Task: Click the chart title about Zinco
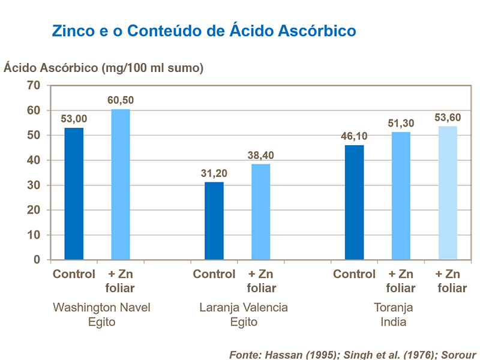pos(204,31)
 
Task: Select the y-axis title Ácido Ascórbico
pos(104,68)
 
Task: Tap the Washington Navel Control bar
pos(74,194)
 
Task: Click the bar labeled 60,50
pos(121,185)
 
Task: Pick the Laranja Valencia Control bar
pos(214,221)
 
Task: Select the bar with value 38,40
pos(261,212)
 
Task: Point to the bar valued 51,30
pos(401,196)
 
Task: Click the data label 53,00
pos(74,119)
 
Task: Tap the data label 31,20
pos(214,173)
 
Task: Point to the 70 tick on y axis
pos(34,86)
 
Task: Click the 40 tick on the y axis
pos(34,161)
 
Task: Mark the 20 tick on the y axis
pos(34,211)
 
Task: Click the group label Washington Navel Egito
pos(101,315)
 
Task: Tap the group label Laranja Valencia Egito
pos(244,315)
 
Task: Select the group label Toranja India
pos(394,315)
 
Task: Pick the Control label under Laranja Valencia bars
pos(214,275)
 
